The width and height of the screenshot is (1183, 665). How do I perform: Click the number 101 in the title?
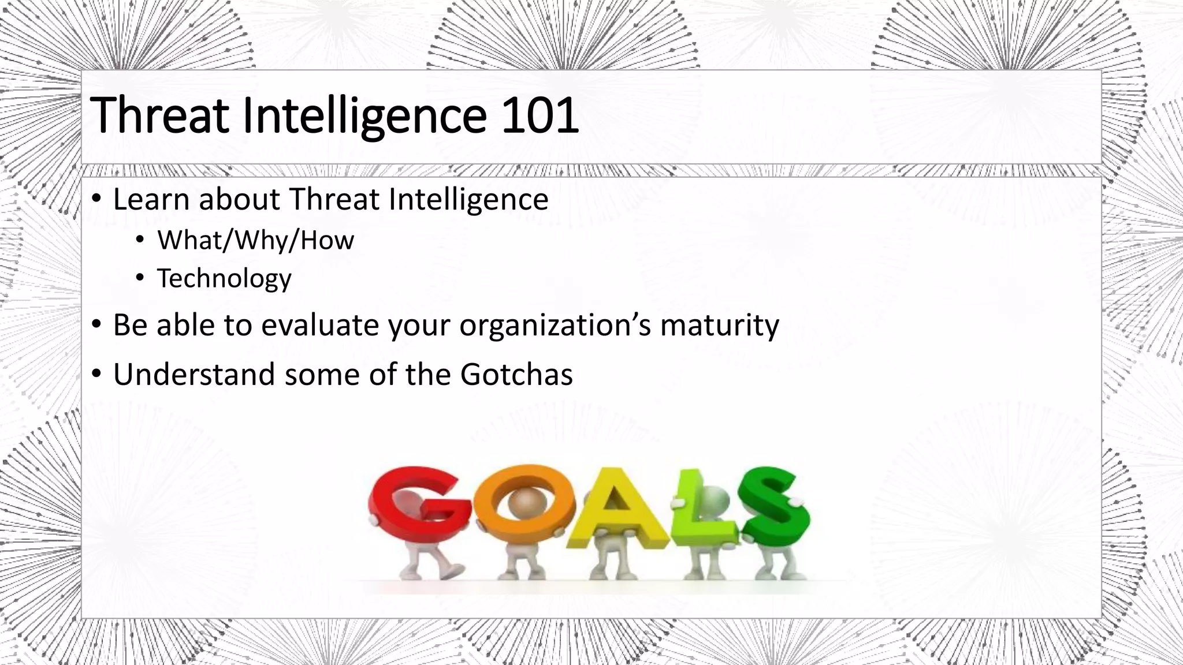540,115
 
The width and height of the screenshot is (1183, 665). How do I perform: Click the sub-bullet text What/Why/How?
255,240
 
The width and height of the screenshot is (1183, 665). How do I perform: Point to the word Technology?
224,278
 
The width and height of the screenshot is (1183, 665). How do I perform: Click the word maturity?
719,325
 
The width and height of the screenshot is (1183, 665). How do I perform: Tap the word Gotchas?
516,374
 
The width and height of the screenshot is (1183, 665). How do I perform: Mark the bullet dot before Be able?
97,324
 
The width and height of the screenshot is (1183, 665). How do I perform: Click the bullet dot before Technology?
140,278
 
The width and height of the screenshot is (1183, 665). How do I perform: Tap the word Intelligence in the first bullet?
468,199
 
